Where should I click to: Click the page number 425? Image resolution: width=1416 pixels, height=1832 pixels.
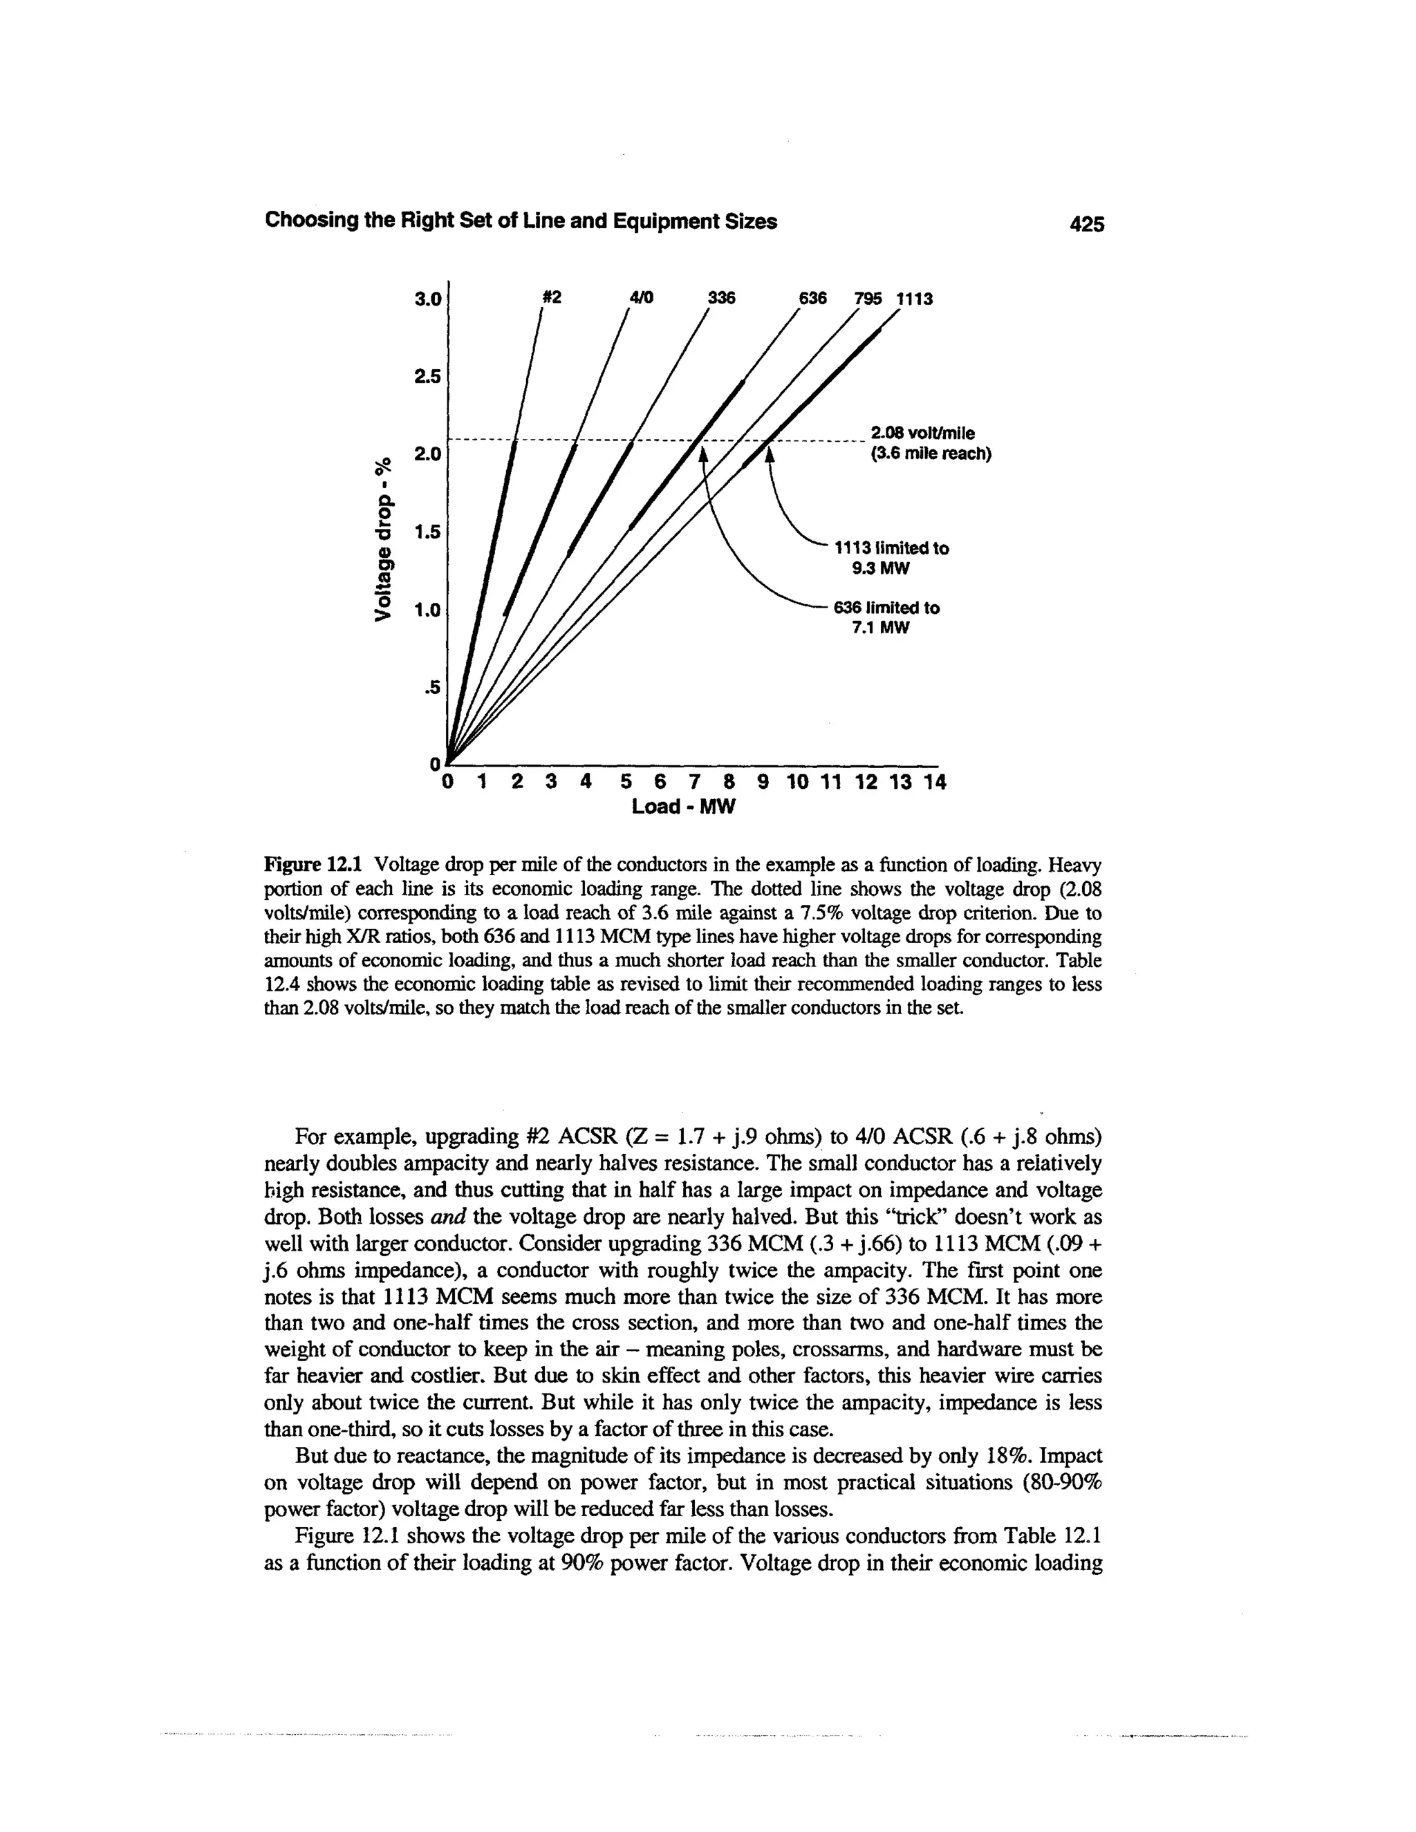tap(1086, 223)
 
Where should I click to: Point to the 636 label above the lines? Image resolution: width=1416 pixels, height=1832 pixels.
tap(810, 298)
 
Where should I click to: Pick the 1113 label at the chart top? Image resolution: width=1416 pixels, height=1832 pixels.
tap(914, 299)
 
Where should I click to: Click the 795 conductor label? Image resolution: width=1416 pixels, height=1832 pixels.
tap(870, 298)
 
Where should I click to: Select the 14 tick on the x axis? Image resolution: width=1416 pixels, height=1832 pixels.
tap(933, 783)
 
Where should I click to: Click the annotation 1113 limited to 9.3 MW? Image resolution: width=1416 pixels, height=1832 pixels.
tap(890, 558)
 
